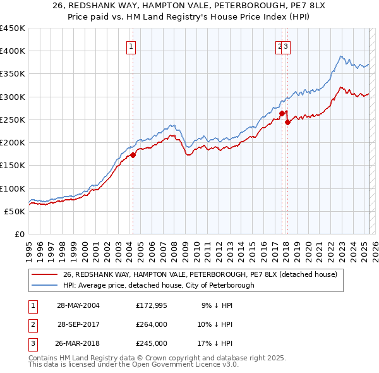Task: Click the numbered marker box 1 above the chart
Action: pyautogui.click(x=131, y=46)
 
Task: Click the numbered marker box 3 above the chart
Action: pyautogui.click(x=286, y=46)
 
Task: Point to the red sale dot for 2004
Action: pyautogui.click(x=133, y=154)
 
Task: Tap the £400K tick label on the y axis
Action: pyautogui.click(x=13, y=51)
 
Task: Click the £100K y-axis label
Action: pyautogui.click(x=13, y=188)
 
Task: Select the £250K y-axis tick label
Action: pyautogui.click(x=13, y=119)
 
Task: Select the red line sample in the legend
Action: pyautogui.click(x=44, y=274)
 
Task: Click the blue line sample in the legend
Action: pyautogui.click(x=44, y=285)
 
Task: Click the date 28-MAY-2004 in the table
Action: pyautogui.click(x=78, y=305)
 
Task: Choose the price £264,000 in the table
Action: pyautogui.click(x=152, y=324)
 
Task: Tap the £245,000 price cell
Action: pyautogui.click(x=152, y=343)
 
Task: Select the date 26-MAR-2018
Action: pyautogui.click(x=78, y=343)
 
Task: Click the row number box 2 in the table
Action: pyautogui.click(x=32, y=324)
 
